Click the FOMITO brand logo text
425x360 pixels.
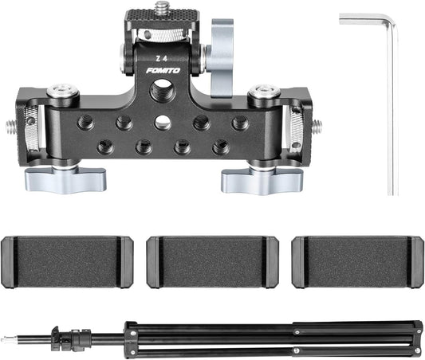pyautogui.click(x=163, y=71)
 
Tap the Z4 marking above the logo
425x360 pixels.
pyautogui.click(x=161, y=57)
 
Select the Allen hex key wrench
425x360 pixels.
pyautogui.click(x=390, y=104)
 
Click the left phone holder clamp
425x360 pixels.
pyautogui.click(x=66, y=262)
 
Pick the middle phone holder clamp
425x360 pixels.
pyautogui.click(x=211, y=262)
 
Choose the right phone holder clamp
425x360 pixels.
pyautogui.click(x=357, y=262)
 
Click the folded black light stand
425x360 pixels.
pyautogui.click(x=271, y=334)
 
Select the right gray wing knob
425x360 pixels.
pyautogui.click(x=254, y=178)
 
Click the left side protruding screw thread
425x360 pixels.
pyautogui.click(x=9, y=126)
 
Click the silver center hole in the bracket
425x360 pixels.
pyautogui.click(x=163, y=123)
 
